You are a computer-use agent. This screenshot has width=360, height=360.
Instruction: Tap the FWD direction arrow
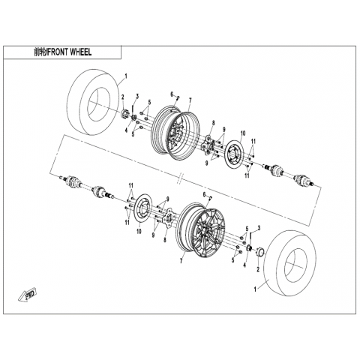[x=28, y=295]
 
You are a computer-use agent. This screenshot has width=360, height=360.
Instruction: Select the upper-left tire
[x=94, y=102]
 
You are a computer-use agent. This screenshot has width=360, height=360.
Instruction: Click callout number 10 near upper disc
[x=243, y=133]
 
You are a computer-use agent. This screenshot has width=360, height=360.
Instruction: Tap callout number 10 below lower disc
[x=139, y=231]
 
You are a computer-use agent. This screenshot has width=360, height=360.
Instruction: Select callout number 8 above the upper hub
[x=213, y=122]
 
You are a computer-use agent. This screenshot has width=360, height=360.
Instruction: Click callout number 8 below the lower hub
[x=164, y=240]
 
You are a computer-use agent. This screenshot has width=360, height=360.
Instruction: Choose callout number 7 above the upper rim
[x=190, y=100]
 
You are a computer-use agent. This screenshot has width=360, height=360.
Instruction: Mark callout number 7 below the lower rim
[x=181, y=261]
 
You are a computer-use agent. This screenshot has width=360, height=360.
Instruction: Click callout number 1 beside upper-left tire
[x=126, y=76]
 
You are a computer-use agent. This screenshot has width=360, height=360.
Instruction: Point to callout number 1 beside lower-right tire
[x=255, y=289]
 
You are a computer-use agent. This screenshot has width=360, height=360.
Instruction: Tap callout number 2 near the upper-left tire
[x=123, y=97]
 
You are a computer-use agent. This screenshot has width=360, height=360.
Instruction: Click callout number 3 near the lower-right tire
[x=259, y=228]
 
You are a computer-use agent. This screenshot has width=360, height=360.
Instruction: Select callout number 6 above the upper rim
[x=172, y=94]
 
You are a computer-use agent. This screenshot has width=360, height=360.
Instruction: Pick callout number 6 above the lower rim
[x=204, y=194]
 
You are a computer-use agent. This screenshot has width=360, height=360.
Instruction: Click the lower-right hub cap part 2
[x=260, y=251]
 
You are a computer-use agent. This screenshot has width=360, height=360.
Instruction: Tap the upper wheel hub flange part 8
[x=207, y=143]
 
